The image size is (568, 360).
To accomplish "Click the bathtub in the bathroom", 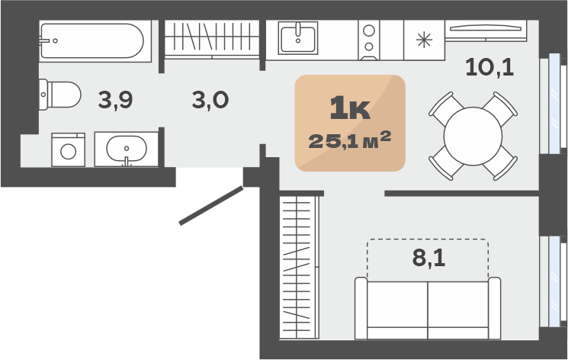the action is pos(95,41).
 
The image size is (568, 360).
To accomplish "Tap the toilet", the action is pos(59,95).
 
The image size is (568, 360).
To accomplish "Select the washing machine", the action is pos(68,149).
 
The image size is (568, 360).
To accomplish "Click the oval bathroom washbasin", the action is pos(127,149).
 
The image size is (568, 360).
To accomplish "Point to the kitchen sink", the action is pos(298,37).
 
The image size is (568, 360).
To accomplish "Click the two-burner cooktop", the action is pos(369,40).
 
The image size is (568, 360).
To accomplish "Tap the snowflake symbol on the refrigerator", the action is pos(424,40).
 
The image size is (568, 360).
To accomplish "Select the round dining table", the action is pos(473,137).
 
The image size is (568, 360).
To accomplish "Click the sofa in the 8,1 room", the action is pos(428,308).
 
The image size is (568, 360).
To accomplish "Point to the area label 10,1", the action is pos(489,68).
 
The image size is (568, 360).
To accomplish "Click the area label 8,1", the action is pos(428,258).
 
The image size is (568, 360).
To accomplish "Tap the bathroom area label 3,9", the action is pos(116,100).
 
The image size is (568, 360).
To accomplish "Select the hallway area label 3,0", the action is pos(210,100).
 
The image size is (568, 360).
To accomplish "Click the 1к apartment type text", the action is pos(350,108).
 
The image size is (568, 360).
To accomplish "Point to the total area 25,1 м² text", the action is pos(349,140).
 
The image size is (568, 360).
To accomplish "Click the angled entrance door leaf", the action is pos(211,205).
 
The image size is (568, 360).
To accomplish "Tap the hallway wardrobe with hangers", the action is pos(212,39).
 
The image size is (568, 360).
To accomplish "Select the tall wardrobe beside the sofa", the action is pos(299,268).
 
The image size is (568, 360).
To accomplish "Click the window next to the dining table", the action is pos(554,104).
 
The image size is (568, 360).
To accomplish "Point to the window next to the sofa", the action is pos(554,281).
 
